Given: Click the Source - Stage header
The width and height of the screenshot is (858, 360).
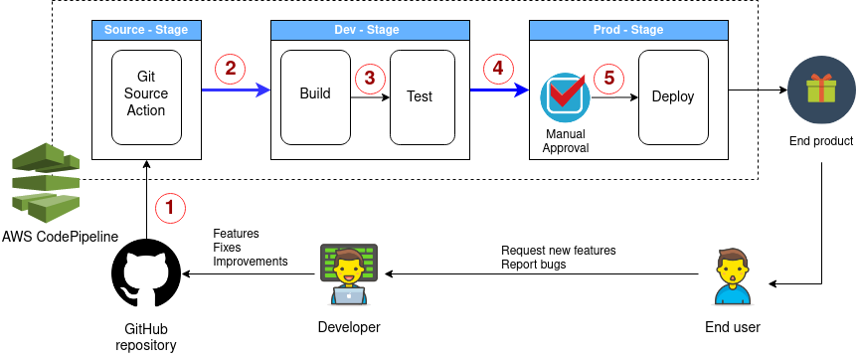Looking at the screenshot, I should click(x=146, y=30).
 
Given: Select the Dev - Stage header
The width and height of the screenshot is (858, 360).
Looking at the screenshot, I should click(x=370, y=30).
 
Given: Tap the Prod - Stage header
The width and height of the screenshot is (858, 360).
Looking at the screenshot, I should click(x=628, y=30).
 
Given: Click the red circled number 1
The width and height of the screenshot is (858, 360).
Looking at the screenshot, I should click(x=170, y=208).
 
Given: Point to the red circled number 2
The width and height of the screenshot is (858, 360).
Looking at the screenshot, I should click(x=230, y=69).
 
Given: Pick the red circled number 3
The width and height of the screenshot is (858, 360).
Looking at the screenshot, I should click(x=370, y=79).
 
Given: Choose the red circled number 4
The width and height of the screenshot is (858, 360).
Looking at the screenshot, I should click(x=498, y=69).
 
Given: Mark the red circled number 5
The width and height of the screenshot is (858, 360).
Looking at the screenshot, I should click(x=608, y=79).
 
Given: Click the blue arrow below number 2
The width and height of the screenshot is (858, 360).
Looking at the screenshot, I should click(x=236, y=90).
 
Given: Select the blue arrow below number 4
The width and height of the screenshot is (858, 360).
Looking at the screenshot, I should click(x=499, y=90).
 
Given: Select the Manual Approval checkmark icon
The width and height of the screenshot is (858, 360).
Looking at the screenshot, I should click(x=565, y=97).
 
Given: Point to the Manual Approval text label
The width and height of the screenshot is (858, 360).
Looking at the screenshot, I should click(x=565, y=141).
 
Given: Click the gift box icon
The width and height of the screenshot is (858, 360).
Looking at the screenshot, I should click(x=821, y=90).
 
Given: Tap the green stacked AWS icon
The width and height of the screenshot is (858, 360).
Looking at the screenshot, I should click(x=46, y=182).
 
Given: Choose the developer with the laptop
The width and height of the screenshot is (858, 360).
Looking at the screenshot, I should click(x=349, y=275).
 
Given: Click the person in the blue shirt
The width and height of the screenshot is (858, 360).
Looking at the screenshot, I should click(x=733, y=277).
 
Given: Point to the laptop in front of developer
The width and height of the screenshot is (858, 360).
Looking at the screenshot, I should click(x=349, y=295).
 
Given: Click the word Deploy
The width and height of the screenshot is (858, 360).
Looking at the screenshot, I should click(x=673, y=96).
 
